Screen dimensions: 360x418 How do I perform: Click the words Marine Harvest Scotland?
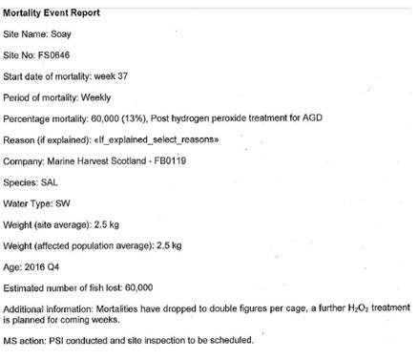coord(100,160)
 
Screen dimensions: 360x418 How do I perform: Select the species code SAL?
coord(51,181)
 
